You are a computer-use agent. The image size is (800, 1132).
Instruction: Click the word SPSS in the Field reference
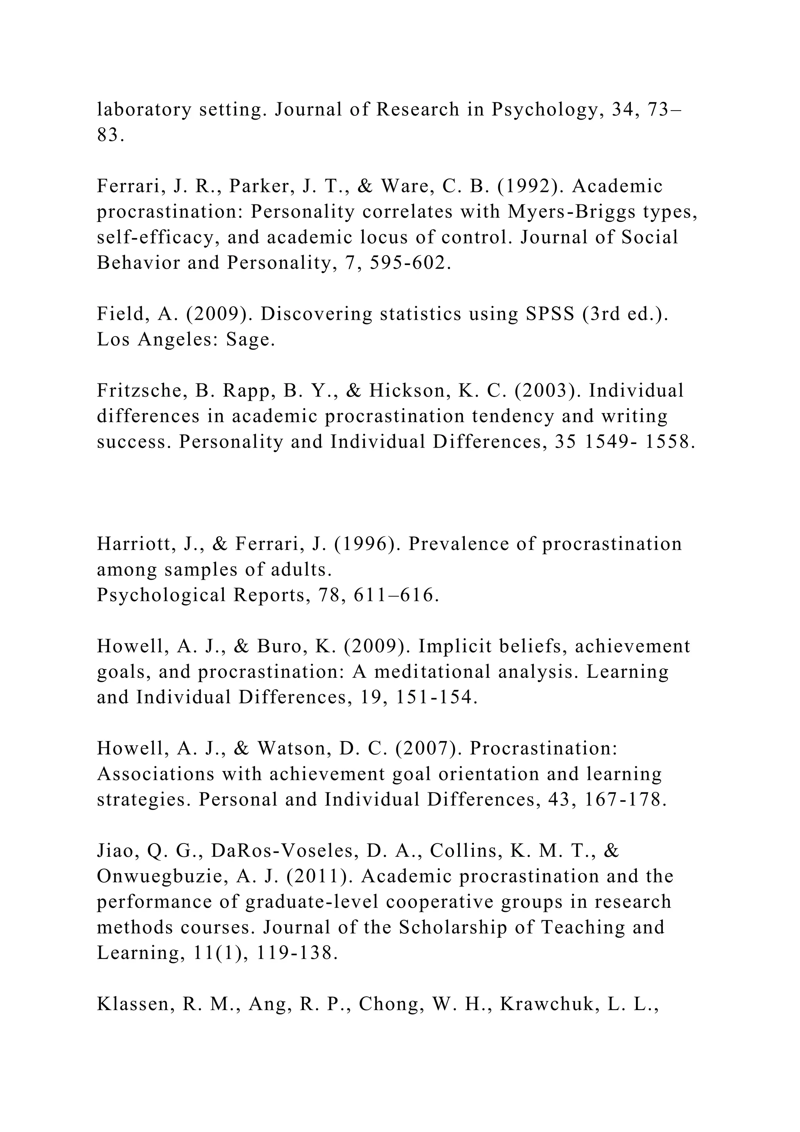[x=550, y=314]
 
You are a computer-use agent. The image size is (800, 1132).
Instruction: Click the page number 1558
[x=670, y=442]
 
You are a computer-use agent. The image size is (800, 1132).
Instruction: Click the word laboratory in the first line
[x=144, y=109]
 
